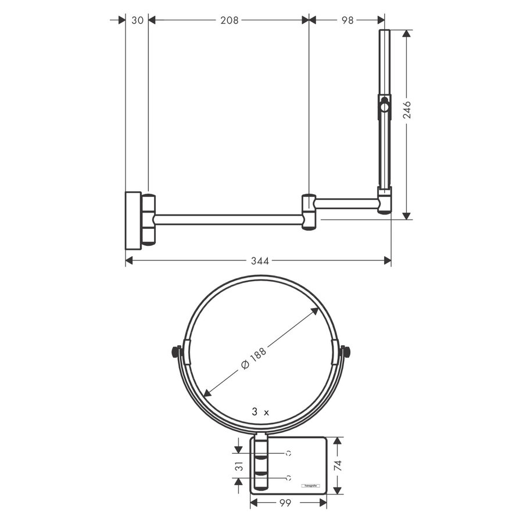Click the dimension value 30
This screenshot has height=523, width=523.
click(137, 20)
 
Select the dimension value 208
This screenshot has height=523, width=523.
click(229, 20)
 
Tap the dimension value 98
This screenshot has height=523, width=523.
click(347, 20)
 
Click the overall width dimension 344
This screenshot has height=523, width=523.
click(259, 261)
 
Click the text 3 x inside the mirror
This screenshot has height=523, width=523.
click(260, 412)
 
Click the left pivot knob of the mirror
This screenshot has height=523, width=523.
click(175, 352)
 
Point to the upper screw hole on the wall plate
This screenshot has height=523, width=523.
click(288, 452)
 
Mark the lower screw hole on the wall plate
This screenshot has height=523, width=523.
click(288, 478)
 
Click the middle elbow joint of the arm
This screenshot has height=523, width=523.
click(308, 212)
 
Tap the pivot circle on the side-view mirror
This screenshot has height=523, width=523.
click(384, 106)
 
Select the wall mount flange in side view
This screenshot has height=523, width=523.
click(133, 220)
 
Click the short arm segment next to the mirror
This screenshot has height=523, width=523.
click(346, 203)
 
